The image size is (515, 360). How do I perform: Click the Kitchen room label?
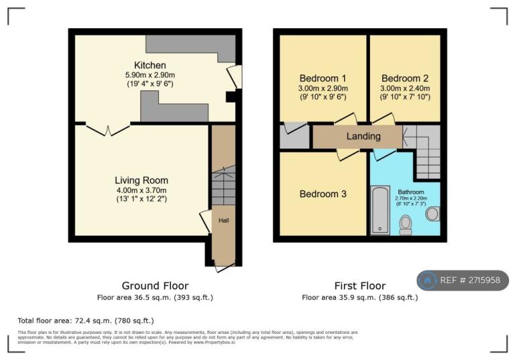tap(150, 65)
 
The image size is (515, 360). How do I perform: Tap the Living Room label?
tap(141, 180)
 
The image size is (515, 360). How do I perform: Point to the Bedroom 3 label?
tap(323, 194)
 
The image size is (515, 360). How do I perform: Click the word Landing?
tap(363, 136)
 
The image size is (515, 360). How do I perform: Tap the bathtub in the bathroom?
tap(380, 210)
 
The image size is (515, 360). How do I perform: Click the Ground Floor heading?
tap(155, 286)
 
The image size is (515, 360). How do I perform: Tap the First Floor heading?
tap(359, 286)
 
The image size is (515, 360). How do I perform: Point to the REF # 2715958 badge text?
tap(469, 280)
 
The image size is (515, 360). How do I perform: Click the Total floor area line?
tap(85, 321)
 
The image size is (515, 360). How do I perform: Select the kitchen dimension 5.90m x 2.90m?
tap(150, 75)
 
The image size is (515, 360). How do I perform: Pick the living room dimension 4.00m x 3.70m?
tap(141, 190)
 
